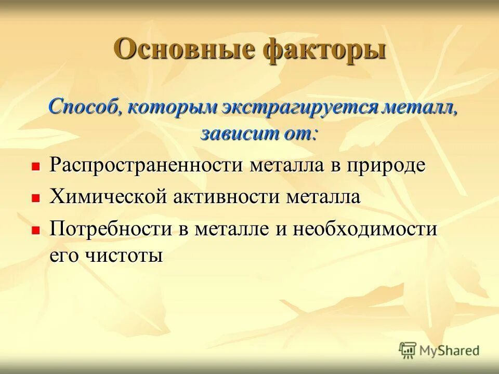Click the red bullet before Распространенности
[36, 167]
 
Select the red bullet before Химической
[36, 198]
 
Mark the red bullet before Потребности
[36, 230]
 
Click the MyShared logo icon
[408, 350]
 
